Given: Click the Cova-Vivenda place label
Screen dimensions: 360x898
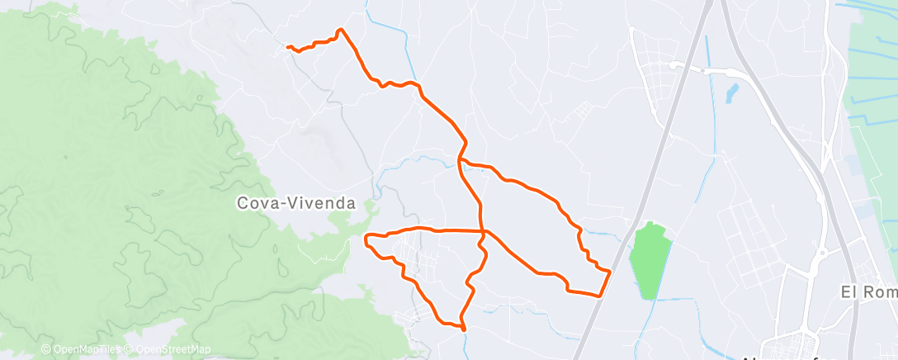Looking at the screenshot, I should [295, 202].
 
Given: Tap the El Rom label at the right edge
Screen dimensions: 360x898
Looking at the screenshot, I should [867, 291].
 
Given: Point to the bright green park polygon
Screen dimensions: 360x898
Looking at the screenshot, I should [650, 260].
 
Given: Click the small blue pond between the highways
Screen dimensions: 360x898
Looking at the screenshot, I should [732, 93].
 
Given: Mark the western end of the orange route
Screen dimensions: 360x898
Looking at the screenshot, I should [288, 48].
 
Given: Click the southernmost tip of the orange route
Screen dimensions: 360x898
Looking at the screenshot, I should [464, 329].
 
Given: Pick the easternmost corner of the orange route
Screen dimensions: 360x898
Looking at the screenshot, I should [609, 271].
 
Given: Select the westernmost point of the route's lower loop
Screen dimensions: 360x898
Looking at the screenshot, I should [366, 240].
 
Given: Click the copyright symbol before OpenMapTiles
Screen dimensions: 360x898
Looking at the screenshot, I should [46, 349].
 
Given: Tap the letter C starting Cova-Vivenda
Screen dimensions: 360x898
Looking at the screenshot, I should [242, 202].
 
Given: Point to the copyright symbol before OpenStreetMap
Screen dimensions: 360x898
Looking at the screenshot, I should [129, 349].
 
